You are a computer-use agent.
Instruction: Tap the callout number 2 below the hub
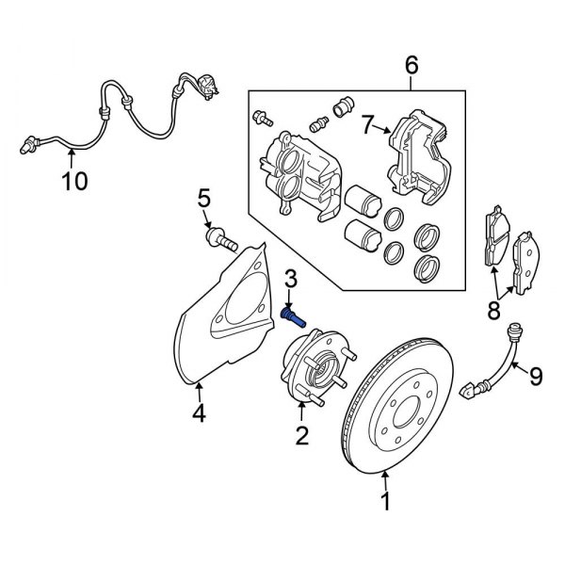(302, 435)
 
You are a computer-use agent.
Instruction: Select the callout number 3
(291, 279)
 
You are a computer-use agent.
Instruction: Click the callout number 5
(202, 199)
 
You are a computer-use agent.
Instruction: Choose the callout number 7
(368, 121)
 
